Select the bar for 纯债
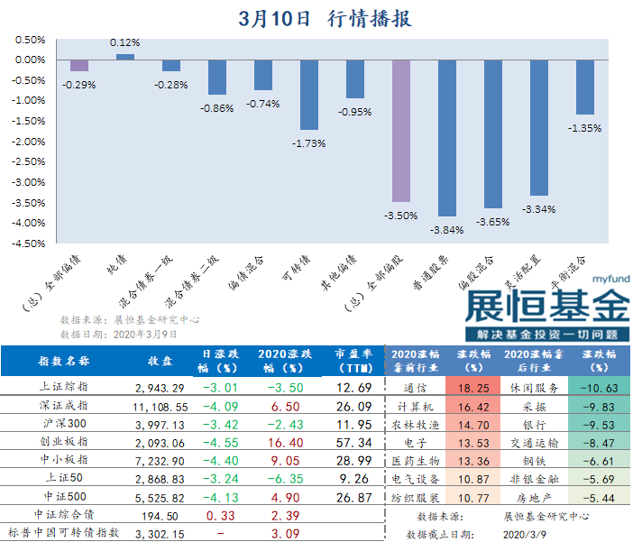(125, 57)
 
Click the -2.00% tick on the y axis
(30, 141)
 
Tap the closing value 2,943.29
(159, 387)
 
